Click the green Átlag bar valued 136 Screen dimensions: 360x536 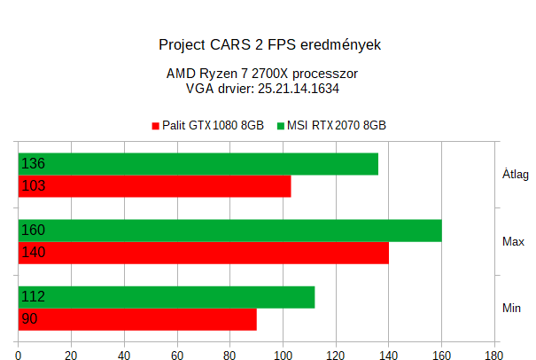coord(198,164)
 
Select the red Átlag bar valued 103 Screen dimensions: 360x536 coord(155,186)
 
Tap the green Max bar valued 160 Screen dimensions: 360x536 coord(230,231)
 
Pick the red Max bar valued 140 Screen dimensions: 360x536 coord(204,253)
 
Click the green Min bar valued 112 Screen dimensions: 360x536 coord(167,297)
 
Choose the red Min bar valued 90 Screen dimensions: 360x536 coord(137,319)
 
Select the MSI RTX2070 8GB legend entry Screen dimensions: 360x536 coord(335,126)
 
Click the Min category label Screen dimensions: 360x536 coord(512,308)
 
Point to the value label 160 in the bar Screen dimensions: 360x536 coord(33,231)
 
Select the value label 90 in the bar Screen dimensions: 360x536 coord(29,319)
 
